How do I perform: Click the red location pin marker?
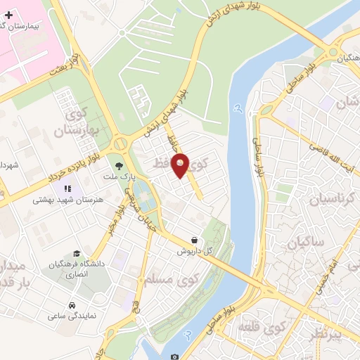coord(181,165)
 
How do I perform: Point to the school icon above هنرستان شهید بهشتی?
coord(68,188)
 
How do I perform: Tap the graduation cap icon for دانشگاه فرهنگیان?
coord(75,254)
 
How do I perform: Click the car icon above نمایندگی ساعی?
coord(72,305)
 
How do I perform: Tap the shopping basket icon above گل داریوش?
coord(194,240)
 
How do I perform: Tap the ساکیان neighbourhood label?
coord(304,243)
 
